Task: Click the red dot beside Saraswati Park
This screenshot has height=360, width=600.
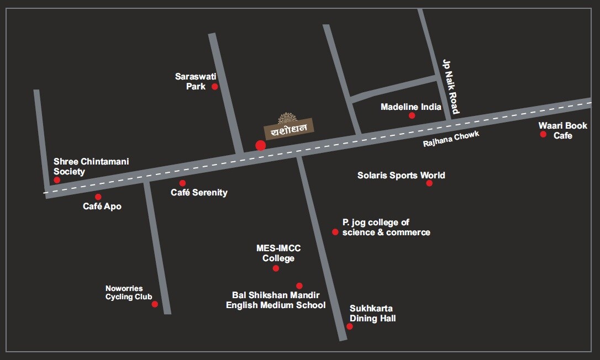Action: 215,87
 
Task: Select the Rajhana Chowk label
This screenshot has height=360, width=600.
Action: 451,139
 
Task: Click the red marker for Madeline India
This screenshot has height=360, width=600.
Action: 412,115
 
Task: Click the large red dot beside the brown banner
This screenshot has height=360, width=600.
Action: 261,145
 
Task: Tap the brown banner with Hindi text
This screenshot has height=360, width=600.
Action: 288,129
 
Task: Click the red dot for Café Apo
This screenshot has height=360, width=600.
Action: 98,197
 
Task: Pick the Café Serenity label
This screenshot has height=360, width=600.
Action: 199,193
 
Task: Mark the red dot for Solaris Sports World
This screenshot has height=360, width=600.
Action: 429,183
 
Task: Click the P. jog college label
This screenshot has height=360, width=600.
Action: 386,227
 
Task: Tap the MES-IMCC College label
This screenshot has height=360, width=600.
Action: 278,253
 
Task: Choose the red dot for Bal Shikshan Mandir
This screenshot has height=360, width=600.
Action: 299,286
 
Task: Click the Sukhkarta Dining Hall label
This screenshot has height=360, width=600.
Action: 372,314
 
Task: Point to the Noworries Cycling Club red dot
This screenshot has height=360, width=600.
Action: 155,304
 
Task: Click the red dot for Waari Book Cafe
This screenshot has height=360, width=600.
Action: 543,134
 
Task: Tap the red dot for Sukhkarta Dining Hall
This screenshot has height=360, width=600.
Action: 350,326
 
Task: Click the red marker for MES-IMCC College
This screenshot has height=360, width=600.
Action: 276,268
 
